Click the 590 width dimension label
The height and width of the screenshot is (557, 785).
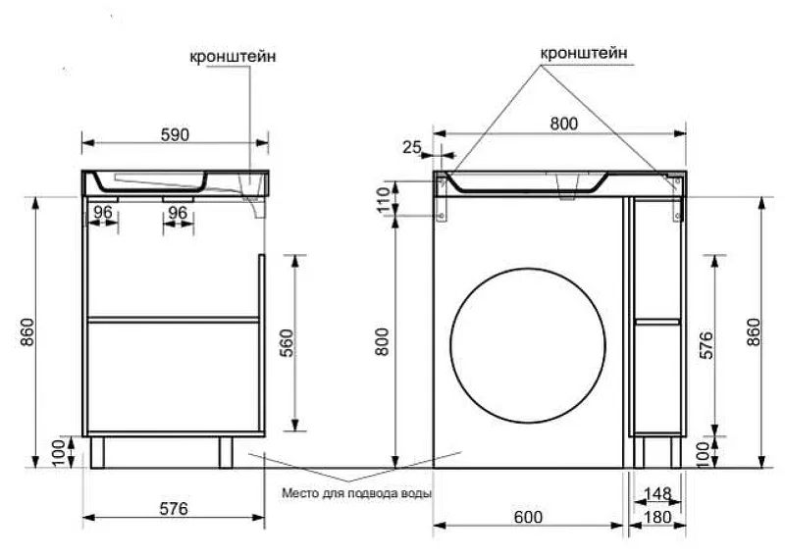tap(175, 134)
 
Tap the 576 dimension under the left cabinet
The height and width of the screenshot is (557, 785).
tap(174, 508)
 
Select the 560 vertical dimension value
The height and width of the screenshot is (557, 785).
tap(288, 343)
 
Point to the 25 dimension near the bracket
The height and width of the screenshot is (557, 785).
tap(412, 147)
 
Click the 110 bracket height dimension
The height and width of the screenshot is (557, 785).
tap(384, 200)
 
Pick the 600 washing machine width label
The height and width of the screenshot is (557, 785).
tap(528, 517)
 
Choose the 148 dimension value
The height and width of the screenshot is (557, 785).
tap(657, 493)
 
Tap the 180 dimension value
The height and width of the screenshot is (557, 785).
tap(656, 517)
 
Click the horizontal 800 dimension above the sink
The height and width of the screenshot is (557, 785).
tap(563, 124)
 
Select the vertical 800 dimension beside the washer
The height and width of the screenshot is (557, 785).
tap(383, 342)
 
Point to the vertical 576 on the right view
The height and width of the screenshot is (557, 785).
tap(706, 345)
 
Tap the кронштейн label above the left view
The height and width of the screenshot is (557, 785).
tap(233, 56)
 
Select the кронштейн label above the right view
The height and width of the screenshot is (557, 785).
tap(584, 53)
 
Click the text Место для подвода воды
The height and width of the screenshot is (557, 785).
tap(356, 493)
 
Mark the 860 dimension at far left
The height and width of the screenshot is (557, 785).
tap(27, 331)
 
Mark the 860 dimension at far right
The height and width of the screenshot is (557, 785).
tap(754, 331)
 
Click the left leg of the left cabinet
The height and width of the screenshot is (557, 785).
tap(97, 452)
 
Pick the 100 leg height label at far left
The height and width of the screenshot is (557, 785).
tap(59, 452)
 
